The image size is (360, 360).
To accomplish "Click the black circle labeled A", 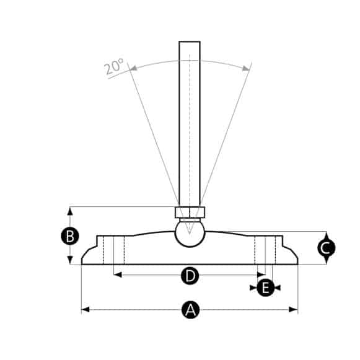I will pyautogui.click(x=190, y=310).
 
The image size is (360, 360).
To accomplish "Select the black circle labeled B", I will pyautogui.click(x=70, y=236).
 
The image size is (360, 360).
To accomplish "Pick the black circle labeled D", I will pyautogui.click(x=190, y=274).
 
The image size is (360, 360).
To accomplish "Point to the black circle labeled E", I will pyautogui.click(x=265, y=288).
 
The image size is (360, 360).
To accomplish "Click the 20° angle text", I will pyautogui.click(x=115, y=66).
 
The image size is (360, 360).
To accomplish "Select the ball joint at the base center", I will pyautogui.click(x=189, y=233).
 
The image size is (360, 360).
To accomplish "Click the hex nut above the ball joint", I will pyautogui.click(x=189, y=213).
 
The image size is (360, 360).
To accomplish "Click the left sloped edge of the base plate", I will pyautogui.click(x=89, y=252).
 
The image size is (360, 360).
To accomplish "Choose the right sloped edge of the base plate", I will pyautogui.click(x=291, y=252).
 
